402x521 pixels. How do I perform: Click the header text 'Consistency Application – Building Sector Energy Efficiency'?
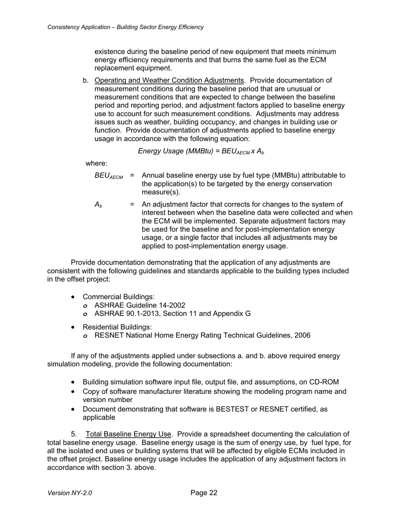coord(125,27)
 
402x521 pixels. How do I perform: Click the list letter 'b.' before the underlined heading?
coord(86,80)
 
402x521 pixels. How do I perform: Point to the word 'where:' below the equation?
coord(96,164)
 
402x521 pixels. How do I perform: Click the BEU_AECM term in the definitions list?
coord(109,176)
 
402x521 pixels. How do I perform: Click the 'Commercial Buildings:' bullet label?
coord(118,297)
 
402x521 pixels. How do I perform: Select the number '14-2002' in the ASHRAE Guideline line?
coord(172,305)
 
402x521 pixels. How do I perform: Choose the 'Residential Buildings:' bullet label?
coord(117,327)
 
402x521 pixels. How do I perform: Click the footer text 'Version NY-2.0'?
coord(70,493)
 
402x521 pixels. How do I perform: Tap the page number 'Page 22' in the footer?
coord(204,493)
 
